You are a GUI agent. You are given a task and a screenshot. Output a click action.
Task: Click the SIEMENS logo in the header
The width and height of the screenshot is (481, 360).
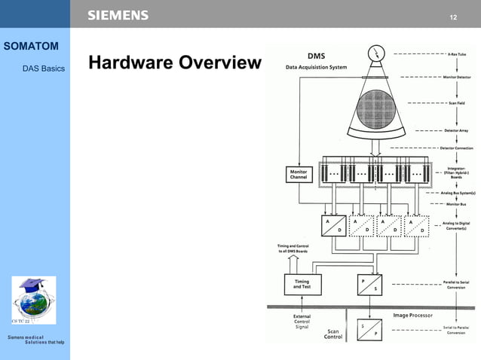point(118,15)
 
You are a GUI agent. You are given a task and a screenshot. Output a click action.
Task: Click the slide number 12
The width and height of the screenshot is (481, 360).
point(453,17)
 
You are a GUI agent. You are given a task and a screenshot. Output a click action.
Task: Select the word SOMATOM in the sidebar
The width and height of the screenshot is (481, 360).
point(31,47)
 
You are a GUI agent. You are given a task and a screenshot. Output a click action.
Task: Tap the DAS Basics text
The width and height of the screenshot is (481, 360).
point(44,69)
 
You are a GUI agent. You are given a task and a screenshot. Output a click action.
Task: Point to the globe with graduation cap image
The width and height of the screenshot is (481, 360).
point(33,300)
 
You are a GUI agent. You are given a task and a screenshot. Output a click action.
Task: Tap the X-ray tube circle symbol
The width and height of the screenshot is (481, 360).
point(375,53)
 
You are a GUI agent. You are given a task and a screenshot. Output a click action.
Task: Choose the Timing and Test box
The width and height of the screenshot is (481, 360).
point(302,284)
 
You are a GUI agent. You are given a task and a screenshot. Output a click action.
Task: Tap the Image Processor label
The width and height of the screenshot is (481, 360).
point(413,315)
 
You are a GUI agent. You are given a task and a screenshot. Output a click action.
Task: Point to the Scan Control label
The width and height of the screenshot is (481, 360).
point(333,334)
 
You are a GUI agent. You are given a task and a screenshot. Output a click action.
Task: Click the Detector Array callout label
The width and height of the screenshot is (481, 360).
point(457,130)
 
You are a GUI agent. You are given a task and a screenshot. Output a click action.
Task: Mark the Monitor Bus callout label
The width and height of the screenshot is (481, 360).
point(455,204)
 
